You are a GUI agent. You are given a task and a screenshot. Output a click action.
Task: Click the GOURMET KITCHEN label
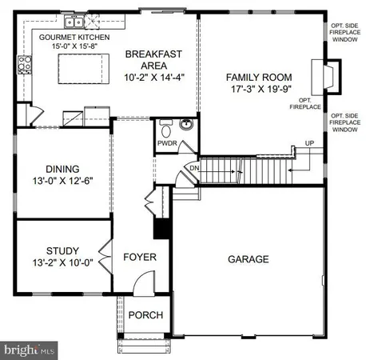click(74, 37)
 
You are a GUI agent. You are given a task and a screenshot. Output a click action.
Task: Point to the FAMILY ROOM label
click(257, 78)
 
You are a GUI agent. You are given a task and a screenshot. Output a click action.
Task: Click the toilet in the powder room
click(167, 129)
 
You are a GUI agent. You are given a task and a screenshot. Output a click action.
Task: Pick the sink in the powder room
click(186, 125)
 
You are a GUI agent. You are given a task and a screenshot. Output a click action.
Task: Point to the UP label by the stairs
click(309, 144)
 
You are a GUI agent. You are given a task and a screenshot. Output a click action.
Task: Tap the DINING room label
click(62, 169)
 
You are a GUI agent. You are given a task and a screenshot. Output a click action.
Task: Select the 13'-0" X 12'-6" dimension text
click(62, 182)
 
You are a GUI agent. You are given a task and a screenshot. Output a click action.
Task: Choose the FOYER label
click(139, 258)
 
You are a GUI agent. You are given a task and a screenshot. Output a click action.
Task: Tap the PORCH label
click(145, 314)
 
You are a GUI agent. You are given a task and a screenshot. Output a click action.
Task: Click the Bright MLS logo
click(29, 350)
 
